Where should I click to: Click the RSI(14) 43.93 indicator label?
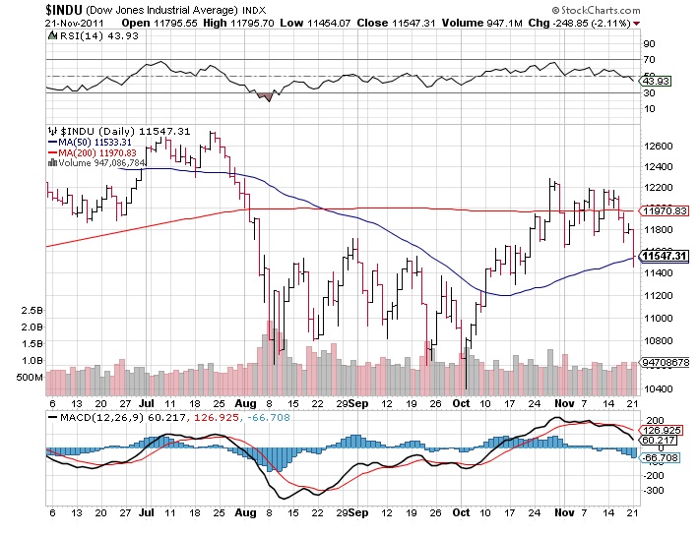click(85, 34)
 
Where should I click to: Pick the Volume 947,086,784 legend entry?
click(97, 163)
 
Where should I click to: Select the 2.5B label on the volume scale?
click(31, 310)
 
